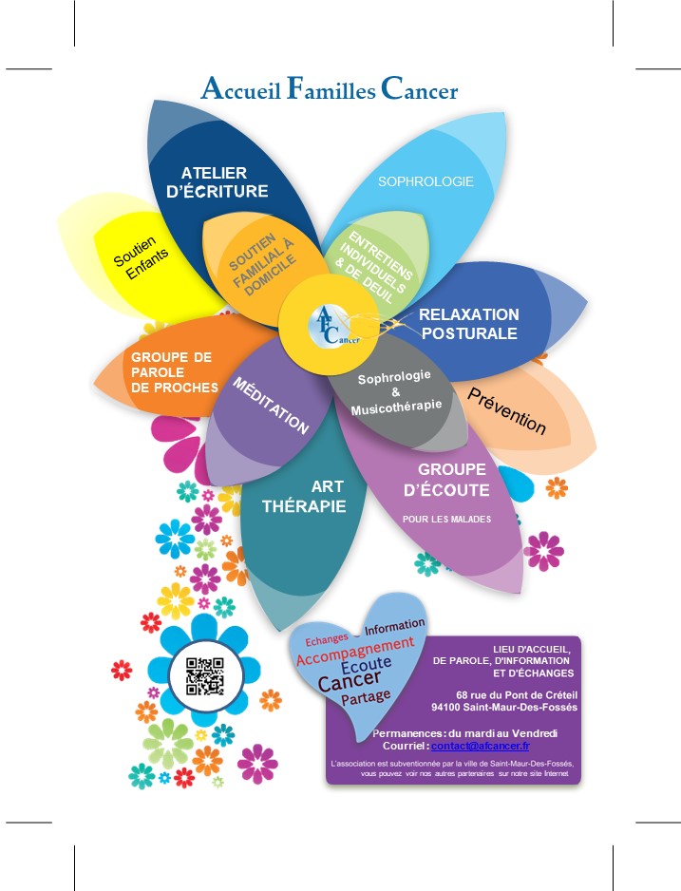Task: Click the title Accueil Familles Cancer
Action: coord(330,90)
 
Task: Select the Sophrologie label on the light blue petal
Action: coord(426,181)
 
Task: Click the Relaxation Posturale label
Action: coord(469,324)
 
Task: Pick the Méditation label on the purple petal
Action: coord(272,406)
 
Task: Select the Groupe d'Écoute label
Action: coord(453,480)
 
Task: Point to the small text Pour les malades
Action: coord(445,519)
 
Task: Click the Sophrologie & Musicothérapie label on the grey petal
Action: coord(396,392)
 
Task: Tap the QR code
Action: coord(205,676)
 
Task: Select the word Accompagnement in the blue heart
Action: coord(355,652)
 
